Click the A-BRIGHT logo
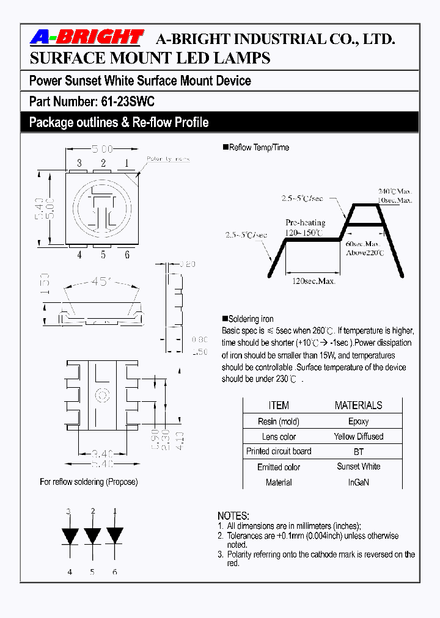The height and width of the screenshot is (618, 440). pyautogui.click(x=86, y=38)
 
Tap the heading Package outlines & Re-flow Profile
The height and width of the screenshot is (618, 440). pyautogui.click(x=119, y=122)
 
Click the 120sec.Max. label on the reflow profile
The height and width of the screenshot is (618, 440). pyautogui.click(x=314, y=282)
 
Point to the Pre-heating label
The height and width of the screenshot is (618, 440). pyautogui.click(x=305, y=223)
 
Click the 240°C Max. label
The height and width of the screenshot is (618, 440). pyautogui.click(x=395, y=191)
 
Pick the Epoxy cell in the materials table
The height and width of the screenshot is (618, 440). pyautogui.click(x=358, y=421)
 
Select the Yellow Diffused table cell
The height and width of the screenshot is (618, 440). pyautogui.click(x=358, y=437)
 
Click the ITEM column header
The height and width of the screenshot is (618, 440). pyautogui.click(x=279, y=405)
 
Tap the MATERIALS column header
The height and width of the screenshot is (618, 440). pyautogui.click(x=358, y=405)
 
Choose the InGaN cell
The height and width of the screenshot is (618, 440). pyautogui.click(x=358, y=482)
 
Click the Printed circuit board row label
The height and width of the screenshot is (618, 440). pyautogui.click(x=279, y=451)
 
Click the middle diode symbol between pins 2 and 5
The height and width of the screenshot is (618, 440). pyautogui.click(x=92, y=536)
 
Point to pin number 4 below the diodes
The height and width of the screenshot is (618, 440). pyautogui.click(x=69, y=572)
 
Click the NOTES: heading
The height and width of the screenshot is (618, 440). pyautogui.click(x=233, y=516)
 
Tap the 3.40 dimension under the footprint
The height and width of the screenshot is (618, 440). pyautogui.click(x=101, y=454)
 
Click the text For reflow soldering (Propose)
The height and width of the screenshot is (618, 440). pyautogui.click(x=89, y=482)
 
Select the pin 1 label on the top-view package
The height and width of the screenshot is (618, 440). pyautogui.click(x=127, y=163)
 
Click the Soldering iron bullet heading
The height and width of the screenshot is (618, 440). pyautogui.click(x=251, y=319)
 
